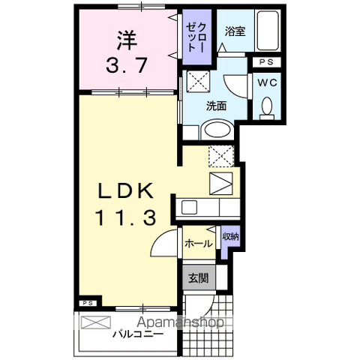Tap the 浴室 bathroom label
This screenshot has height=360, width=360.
(235, 31)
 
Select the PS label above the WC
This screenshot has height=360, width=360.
(265, 64)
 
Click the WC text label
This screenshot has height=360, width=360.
(266, 84)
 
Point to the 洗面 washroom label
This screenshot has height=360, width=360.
(217, 106)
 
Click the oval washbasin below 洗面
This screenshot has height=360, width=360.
(217, 128)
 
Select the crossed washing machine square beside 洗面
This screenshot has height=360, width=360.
(198, 82)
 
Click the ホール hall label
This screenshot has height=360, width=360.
(197, 243)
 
